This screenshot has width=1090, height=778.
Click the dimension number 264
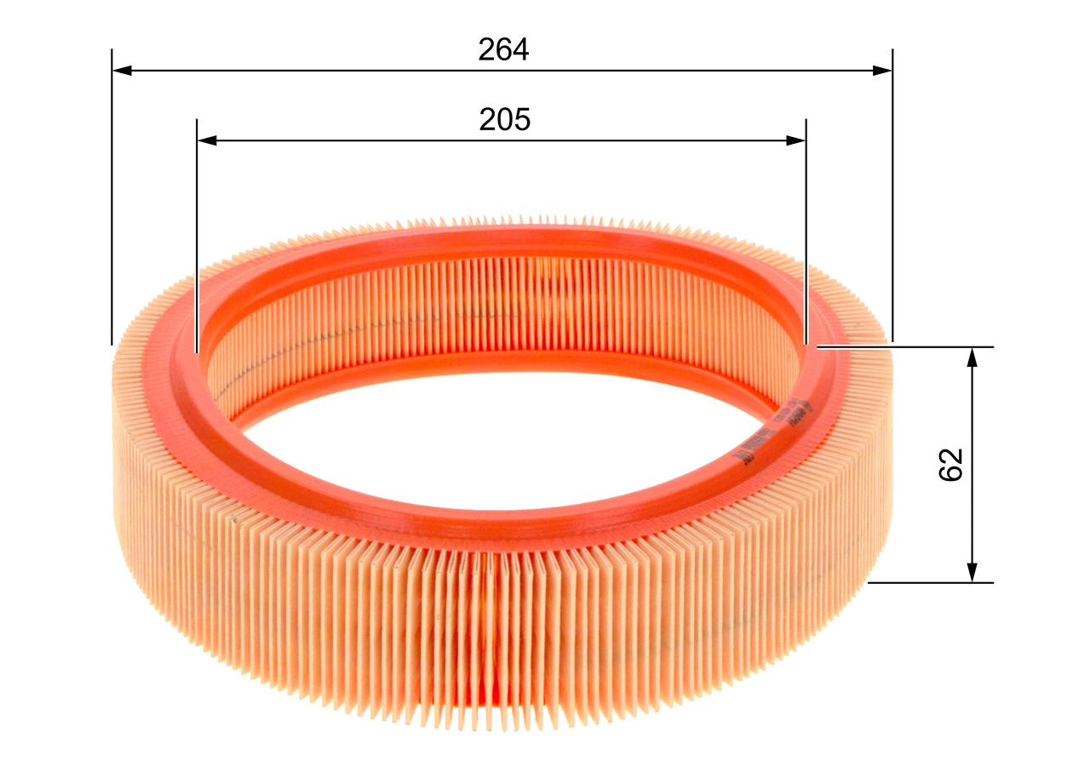coord(503,50)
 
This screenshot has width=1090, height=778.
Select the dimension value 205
coord(504,120)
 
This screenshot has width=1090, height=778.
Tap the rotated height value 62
coord(950,464)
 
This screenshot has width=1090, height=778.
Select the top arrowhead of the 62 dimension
coord(972,358)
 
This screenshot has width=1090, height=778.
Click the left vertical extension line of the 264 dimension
coord(112,196)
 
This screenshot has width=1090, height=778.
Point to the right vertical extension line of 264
coord(892,196)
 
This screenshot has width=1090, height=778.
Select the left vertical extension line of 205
coord(197,238)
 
